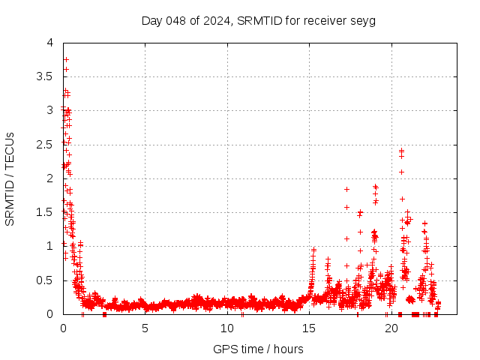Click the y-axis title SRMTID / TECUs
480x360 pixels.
10,178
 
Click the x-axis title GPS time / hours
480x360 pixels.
259,349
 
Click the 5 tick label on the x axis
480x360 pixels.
145,328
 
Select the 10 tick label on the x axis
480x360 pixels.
226,328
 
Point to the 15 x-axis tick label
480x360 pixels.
309,328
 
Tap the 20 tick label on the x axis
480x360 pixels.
391,328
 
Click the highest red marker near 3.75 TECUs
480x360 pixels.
66,59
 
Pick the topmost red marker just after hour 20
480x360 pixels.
401,150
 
